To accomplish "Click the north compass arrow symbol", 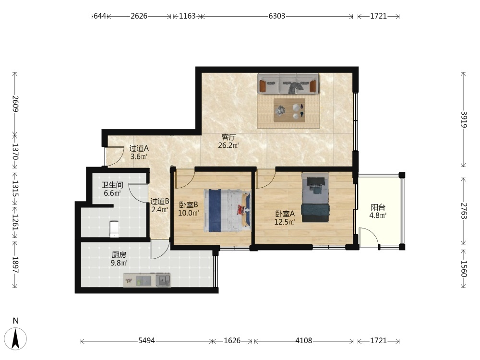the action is click(16, 338).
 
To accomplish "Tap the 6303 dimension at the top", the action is click(277, 16).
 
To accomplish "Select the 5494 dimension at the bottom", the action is click(146, 340).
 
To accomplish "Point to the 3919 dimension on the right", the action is click(464, 120).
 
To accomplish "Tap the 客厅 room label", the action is click(228, 137).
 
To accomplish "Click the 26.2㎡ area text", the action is click(228, 145).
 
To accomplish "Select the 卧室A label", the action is click(285, 214).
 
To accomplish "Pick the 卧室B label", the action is click(189, 204).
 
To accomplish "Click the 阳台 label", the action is click(378, 207).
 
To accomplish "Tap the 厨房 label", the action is click(119, 255).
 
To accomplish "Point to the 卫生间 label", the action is click(112, 185).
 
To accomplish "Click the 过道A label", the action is click(139, 148).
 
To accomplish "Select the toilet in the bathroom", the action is click(114, 229).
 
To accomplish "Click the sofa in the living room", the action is click(288, 84).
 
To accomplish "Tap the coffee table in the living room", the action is click(289, 110).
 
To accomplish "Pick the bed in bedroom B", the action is click(227, 211).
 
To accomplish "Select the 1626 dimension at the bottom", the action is click(232, 340).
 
